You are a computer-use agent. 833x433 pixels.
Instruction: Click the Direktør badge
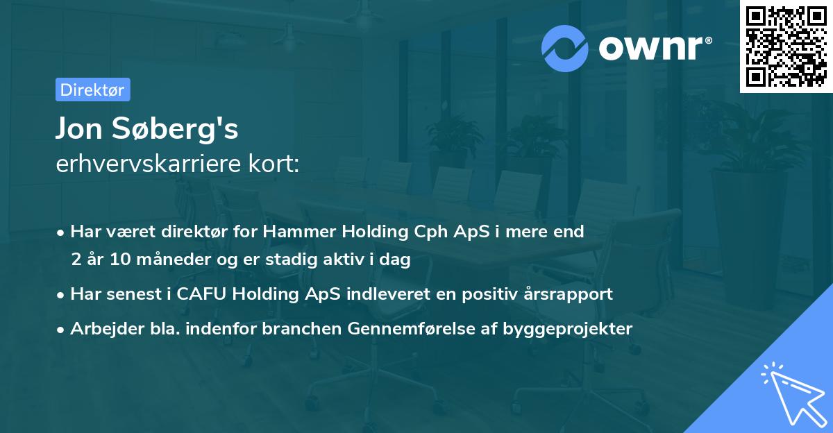(92, 90)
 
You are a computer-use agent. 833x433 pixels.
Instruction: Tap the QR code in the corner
(786, 46)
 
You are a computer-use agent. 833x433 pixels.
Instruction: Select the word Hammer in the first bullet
(287, 231)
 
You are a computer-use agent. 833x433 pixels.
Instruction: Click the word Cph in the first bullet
(406, 231)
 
